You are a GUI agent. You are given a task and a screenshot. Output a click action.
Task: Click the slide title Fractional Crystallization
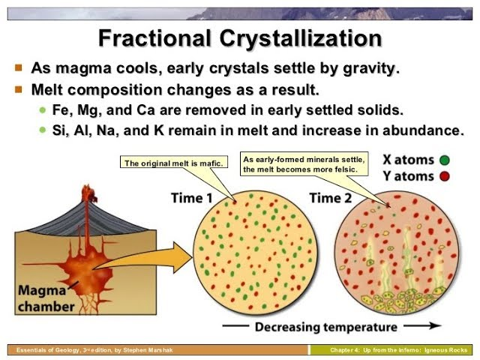click(x=240, y=38)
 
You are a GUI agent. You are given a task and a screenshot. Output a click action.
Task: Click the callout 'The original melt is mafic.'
click(x=171, y=163)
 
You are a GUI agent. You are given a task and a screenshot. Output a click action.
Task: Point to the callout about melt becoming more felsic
click(x=304, y=165)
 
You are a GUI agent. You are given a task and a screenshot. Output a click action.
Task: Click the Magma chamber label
click(x=46, y=298)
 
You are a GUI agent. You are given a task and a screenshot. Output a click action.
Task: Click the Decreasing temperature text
click(x=325, y=327)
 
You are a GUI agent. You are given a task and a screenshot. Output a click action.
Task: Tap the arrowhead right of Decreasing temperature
click(x=433, y=327)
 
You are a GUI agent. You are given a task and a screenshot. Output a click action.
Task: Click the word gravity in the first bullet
click(x=364, y=68)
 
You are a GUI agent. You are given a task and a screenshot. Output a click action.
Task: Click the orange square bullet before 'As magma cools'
click(x=19, y=67)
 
